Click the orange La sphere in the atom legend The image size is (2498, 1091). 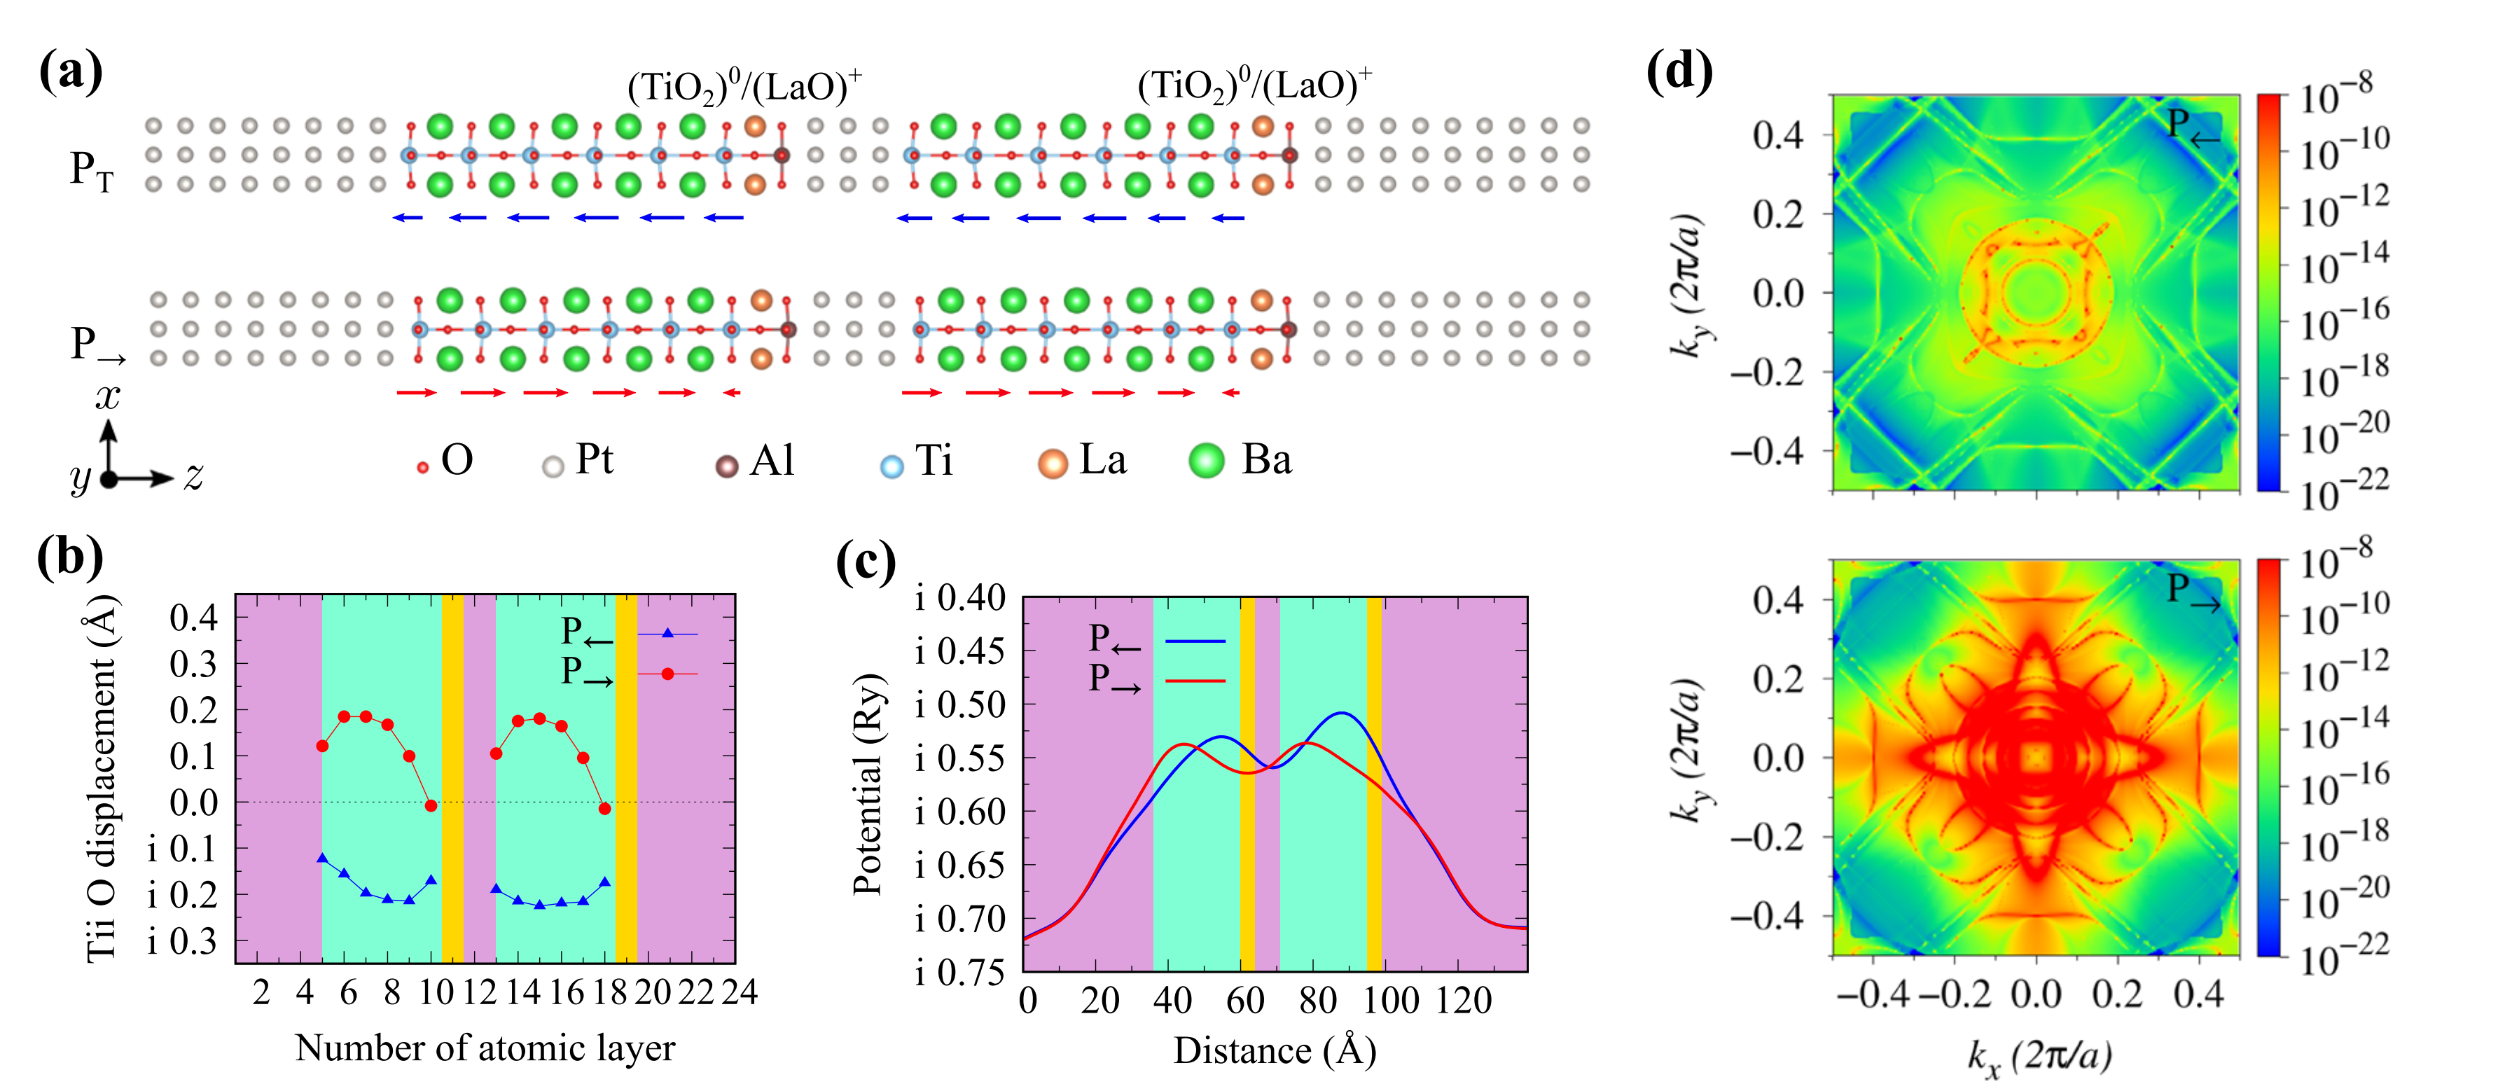1052,464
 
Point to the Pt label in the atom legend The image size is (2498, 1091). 593,459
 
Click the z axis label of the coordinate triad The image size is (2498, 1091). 194,476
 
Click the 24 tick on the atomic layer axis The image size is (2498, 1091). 739,992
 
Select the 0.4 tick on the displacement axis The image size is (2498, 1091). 193,617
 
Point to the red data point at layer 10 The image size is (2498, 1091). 431,806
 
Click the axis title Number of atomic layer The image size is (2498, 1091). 485,1048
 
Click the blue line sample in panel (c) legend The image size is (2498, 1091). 1195,641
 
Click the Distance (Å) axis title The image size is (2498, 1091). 1275,1051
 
